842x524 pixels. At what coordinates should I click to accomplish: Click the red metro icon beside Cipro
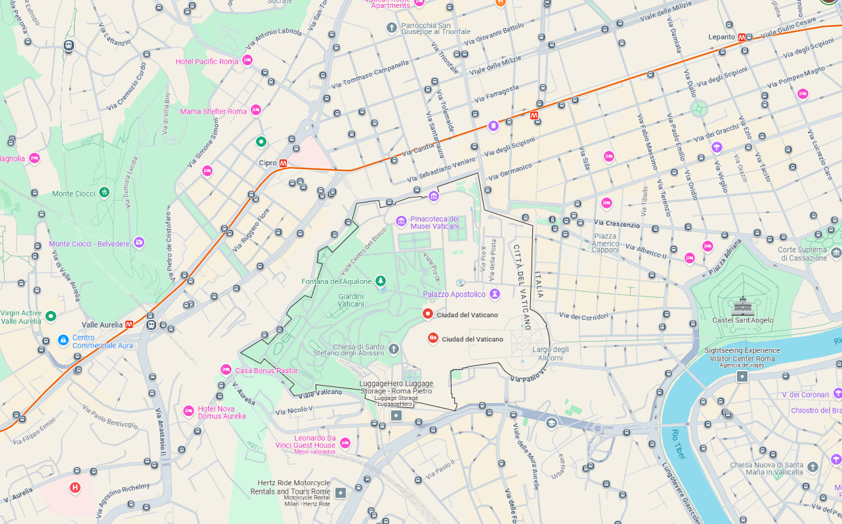(x=283, y=163)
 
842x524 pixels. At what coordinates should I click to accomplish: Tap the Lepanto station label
(x=721, y=37)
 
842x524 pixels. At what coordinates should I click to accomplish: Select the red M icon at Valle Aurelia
(x=129, y=324)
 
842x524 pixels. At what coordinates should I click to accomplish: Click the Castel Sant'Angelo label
(x=742, y=320)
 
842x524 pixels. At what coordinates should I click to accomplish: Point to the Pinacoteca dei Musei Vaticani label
(x=434, y=222)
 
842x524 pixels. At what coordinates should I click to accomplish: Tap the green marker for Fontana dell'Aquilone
(x=381, y=281)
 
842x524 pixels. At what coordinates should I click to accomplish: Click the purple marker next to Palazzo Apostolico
(x=494, y=294)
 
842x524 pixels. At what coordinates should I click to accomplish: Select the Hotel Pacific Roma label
(x=207, y=62)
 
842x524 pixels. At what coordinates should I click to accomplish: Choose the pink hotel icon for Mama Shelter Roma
(x=256, y=110)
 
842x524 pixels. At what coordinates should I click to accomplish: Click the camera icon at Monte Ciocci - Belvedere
(x=138, y=243)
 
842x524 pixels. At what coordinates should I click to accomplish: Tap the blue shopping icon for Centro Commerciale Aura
(x=63, y=340)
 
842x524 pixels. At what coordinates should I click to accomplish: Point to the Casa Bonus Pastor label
(x=266, y=371)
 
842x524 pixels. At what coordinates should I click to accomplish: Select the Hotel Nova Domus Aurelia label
(x=221, y=412)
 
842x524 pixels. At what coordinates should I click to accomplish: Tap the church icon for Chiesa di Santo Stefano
(x=394, y=348)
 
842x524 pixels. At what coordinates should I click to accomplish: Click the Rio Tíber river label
(x=677, y=443)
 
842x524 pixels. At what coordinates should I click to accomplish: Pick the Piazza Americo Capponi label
(x=605, y=243)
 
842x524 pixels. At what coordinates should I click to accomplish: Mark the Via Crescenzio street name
(x=616, y=224)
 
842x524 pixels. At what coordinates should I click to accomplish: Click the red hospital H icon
(x=75, y=487)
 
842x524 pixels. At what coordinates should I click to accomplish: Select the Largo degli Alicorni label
(x=551, y=353)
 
